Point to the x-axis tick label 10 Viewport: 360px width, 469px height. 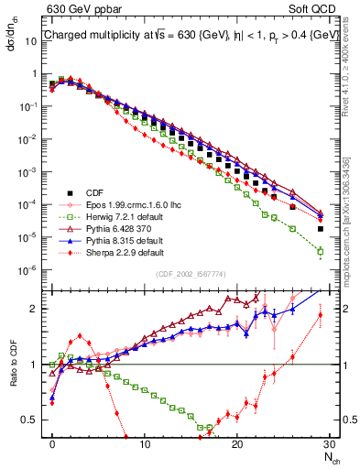145,443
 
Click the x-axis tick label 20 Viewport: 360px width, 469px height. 237,443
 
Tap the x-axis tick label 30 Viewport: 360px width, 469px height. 329,443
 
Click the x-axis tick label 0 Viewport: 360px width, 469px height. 52,443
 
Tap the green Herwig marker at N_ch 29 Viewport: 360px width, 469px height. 320,251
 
